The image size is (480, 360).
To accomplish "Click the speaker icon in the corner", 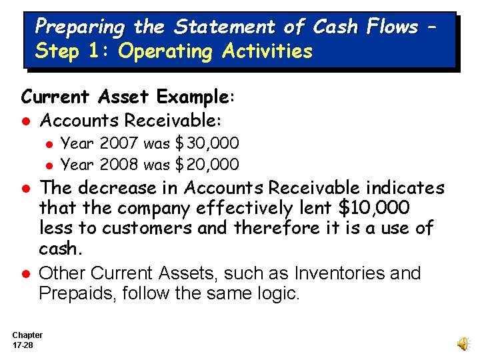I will tap(462, 343).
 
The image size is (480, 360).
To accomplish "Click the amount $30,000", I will tap(207, 143).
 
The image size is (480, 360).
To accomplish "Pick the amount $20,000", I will tap(207, 164).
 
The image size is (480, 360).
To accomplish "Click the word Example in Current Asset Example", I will tap(193, 97).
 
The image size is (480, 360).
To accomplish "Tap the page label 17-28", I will tap(23, 345).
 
